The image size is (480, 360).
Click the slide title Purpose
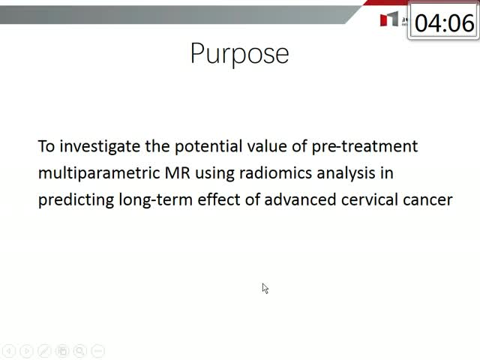pyautogui.click(x=239, y=54)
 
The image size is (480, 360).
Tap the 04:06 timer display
pyautogui.click(x=444, y=23)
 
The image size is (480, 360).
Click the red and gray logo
pyautogui.click(x=389, y=19)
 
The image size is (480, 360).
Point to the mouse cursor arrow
pyautogui.click(x=265, y=288)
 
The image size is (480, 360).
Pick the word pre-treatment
pyautogui.click(x=364, y=146)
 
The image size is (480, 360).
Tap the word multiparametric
pyautogui.click(x=99, y=173)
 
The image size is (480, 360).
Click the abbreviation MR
pyautogui.click(x=178, y=172)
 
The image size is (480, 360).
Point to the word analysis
pyautogui.click(x=346, y=173)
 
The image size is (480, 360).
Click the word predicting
pyautogui.click(x=76, y=200)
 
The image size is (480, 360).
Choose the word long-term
pyautogui.click(x=156, y=200)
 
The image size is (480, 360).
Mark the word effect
pyautogui.click(x=219, y=199)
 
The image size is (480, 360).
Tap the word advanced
pyautogui.click(x=300, y=199)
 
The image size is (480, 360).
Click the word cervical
pyautogui.click(x=370, y=199)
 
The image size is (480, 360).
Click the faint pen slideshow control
pyautogui.click(x=44, y=351)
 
